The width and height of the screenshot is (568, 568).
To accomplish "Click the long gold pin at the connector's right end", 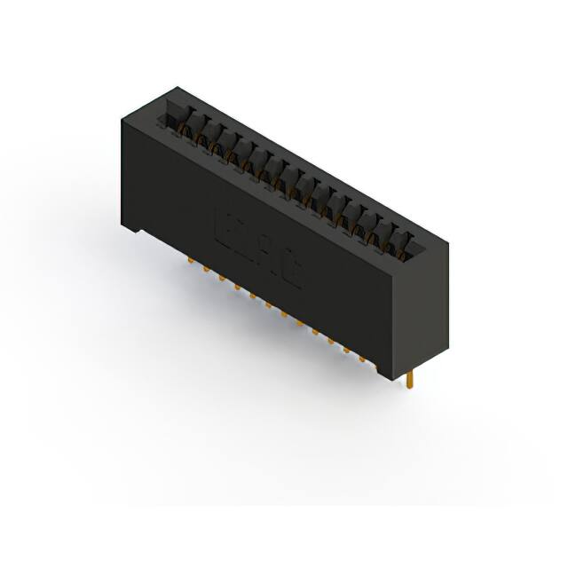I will coord(411,379).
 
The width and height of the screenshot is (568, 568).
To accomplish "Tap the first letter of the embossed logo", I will coord(225,226).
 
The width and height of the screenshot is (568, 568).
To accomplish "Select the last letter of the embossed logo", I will coord(290,274).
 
